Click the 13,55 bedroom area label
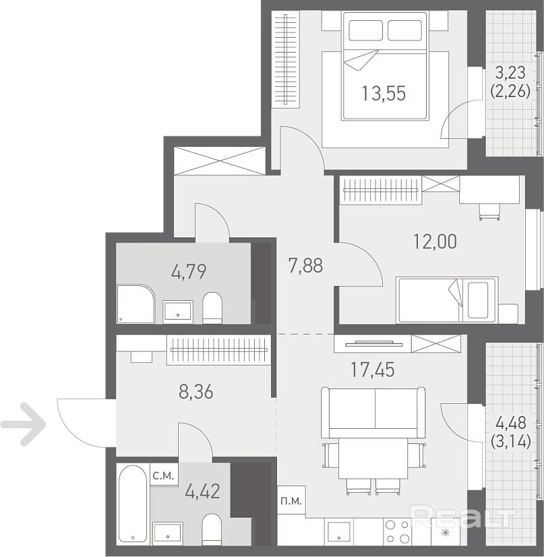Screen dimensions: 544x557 click(384, 94)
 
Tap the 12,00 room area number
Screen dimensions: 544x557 click(435, 241)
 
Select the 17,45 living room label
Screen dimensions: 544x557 click(373, 370)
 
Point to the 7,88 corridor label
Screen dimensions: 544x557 click(306, 266)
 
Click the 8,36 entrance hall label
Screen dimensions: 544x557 click(196, 392)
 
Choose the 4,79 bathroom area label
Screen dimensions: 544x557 click(189, 272)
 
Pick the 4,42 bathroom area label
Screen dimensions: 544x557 click(203, 492)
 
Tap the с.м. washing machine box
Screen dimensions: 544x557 click(164, 475)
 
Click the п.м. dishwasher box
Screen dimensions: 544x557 click(291, 500)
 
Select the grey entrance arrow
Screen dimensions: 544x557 click(24, 424)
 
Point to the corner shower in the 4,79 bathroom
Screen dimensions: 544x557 click(136, 303)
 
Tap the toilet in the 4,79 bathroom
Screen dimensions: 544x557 click(212, 307)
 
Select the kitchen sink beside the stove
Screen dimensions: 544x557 click(339, 532)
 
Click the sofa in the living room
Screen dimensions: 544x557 click(373, 413)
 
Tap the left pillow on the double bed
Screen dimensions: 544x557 click(366, 30)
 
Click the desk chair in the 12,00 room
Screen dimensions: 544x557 click(489, 212)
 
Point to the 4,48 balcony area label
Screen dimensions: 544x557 click(511, 423)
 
